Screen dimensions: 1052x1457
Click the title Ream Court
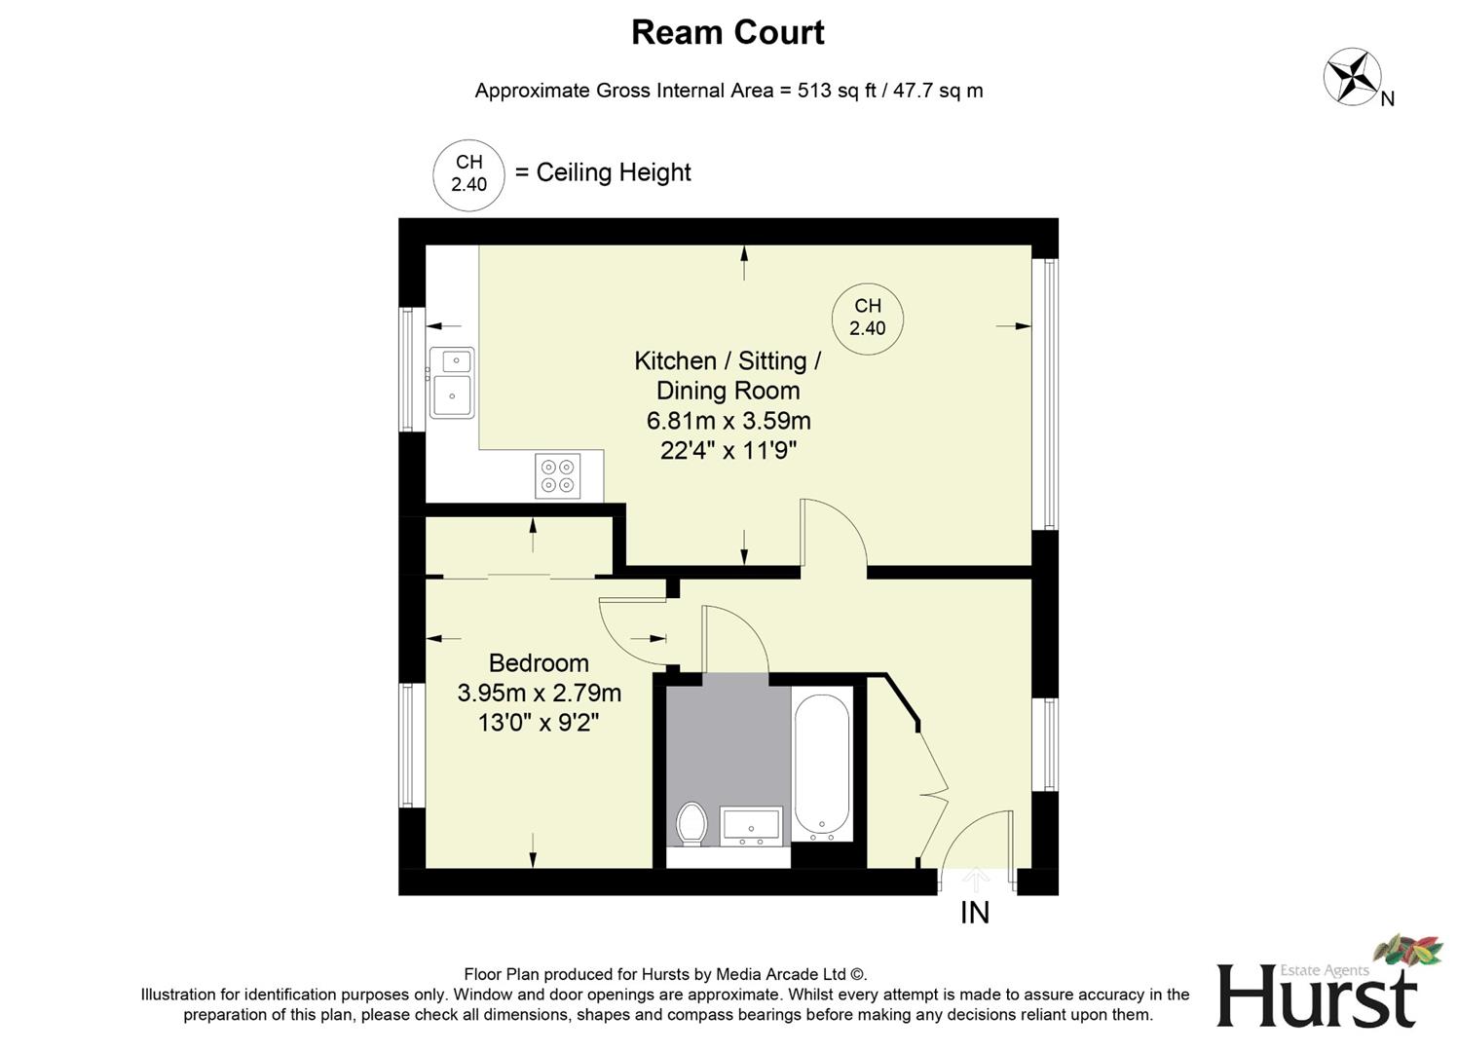(728, 32)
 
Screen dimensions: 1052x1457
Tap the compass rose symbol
(1353, 76)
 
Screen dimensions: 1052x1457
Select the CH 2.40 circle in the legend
(468, 174)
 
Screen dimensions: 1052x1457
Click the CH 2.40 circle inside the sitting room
(867, 318)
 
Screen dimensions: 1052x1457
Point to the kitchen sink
(452, 383)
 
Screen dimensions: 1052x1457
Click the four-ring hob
(557, 475)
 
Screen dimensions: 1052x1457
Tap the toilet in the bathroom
(691, 823)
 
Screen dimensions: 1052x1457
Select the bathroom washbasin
(751, 826)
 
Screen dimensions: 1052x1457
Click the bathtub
(822, 766)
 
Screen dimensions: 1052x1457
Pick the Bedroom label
(539, 663)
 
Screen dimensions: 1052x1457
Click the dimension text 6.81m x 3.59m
(728, 421)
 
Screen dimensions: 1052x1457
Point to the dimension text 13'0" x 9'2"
(539, 723)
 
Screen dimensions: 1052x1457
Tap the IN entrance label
(975, 913)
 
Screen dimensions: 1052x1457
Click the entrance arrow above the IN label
(975, 880)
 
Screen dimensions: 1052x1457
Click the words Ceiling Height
(614, 172)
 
